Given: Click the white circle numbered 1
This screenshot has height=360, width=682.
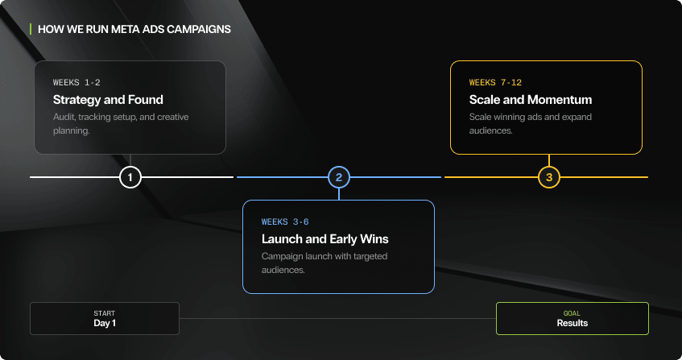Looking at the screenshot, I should pos(130,177).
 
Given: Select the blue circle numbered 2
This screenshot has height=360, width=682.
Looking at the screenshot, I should pos(339,177).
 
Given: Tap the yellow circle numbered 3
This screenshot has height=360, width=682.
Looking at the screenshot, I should pos(549,177).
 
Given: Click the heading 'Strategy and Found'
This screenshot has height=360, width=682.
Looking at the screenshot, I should pos(108,100).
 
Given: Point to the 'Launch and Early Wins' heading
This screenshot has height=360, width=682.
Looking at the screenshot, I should pos(325,239).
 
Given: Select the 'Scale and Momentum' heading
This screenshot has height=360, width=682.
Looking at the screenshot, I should pos(531,100).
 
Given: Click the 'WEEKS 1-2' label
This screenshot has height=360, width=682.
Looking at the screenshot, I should pos(76,82).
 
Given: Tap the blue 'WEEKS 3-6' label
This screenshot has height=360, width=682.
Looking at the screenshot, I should pos(285,221).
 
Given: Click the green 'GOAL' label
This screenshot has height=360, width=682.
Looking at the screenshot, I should pos(572,312).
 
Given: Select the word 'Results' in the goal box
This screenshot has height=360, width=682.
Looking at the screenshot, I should pos(572,323).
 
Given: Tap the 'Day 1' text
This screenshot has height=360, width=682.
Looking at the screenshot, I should pos(105,323).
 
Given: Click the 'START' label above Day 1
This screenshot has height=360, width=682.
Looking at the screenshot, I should pos(105,312).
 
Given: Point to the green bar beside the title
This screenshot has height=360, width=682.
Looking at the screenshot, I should pos(31,29).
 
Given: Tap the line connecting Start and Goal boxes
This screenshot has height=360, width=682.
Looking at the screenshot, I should pos(337,318).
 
